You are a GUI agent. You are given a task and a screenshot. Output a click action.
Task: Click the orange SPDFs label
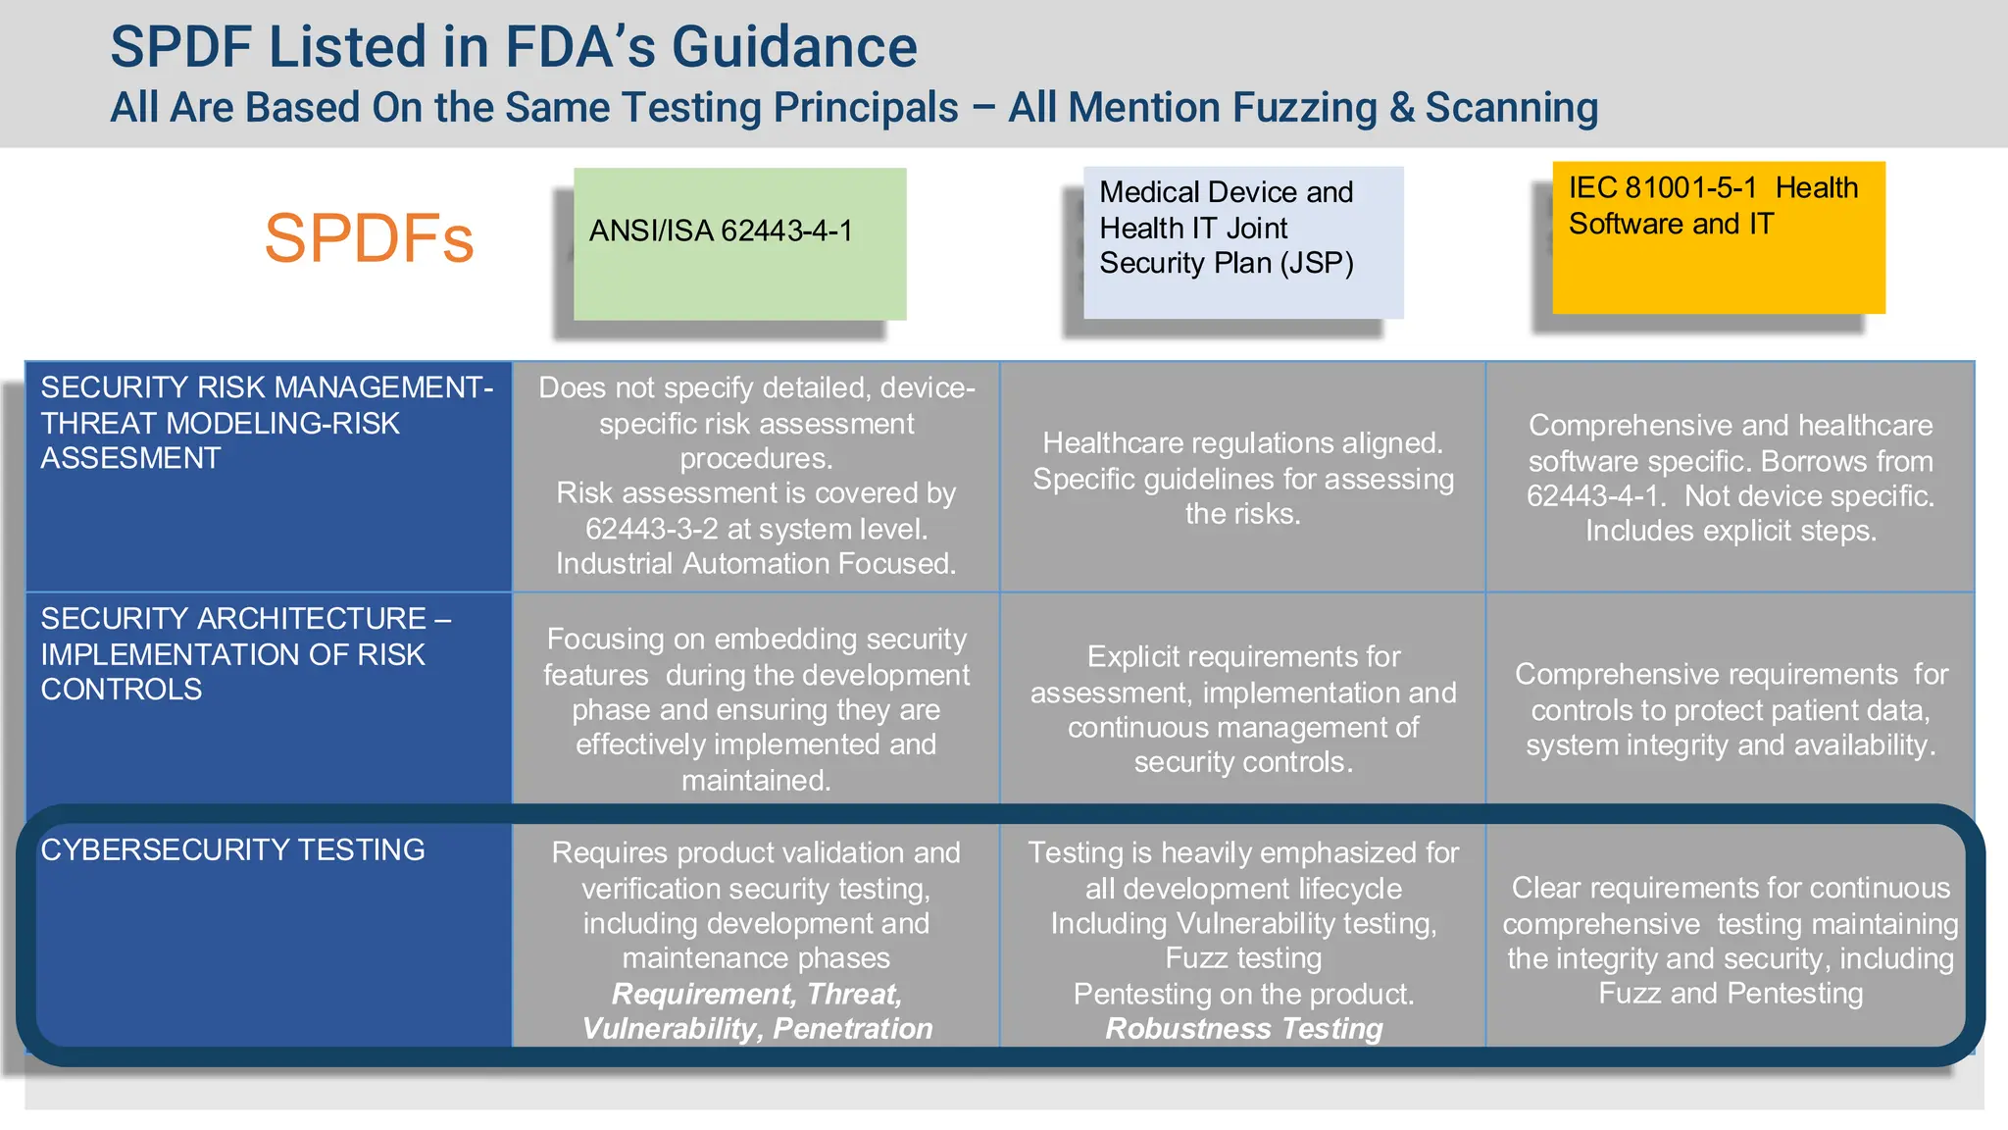click(369, 238)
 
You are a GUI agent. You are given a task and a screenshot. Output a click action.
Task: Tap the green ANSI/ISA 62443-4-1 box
click(739, 243)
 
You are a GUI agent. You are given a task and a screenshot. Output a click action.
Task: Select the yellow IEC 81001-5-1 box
click(1718, 237)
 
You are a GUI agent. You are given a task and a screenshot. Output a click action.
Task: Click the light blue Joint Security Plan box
click(1242, 242)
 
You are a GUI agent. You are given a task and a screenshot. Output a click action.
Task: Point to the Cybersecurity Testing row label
click(232, 849)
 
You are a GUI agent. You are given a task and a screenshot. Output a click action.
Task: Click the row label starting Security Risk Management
click(266, 423)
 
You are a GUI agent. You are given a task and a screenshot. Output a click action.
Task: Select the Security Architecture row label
click(245, 654)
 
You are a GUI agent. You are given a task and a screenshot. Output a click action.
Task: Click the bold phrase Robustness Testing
click(1243, 1029)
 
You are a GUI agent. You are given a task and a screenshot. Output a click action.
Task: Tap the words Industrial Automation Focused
click(755, 564)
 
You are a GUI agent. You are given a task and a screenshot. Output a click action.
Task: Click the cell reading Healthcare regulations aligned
click(1242, 478)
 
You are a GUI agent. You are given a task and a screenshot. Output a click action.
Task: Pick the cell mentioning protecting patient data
click(1731, 709)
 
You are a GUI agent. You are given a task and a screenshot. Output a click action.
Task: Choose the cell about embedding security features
click(756, 708)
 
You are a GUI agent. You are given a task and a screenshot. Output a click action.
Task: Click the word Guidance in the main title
click(794, 47)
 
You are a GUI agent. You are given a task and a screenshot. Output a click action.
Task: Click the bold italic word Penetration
click(852, 1029)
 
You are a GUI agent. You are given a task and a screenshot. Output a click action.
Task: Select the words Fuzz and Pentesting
click(1731, 994)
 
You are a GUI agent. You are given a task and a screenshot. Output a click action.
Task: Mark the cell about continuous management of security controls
click(1242, 708)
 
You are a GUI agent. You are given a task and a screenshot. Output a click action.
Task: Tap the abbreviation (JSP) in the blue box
click(1317, 263)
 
